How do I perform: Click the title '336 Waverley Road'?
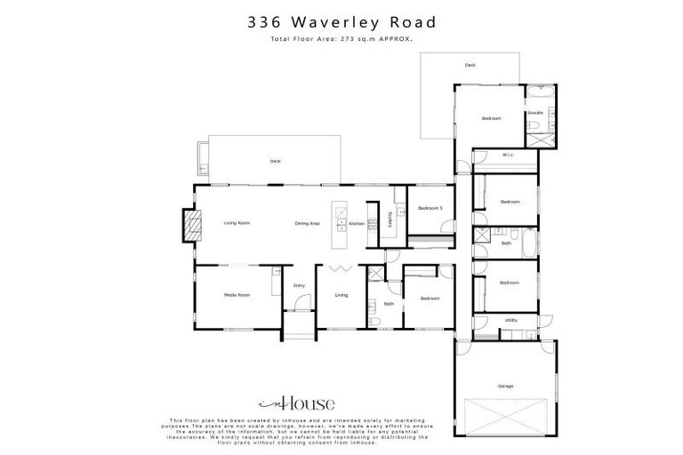click(341, 22)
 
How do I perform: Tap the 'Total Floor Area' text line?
click(341, 41)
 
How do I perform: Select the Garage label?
click(505, 386)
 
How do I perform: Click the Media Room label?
click(237, 294)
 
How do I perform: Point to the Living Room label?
click(237, 223)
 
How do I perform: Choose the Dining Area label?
click(307, 223)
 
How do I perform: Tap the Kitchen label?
click(356, 223)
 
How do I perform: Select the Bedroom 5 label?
click(430, 208)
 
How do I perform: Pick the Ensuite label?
click(535, 113)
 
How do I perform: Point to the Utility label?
click(510, 320)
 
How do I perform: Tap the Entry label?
click(299, 285)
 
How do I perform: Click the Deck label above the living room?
click(276, 161)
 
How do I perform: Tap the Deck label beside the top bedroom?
click(470, 65)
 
